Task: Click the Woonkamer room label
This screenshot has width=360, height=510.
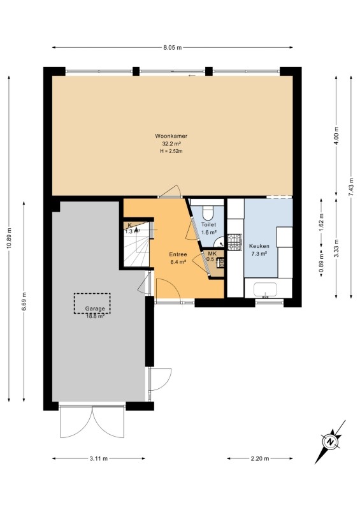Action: coord(171,136)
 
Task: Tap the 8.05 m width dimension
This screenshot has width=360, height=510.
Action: coord(173,47)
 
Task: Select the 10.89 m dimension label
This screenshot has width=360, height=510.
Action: coord(9,238)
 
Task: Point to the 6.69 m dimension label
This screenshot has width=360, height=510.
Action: coord(24,302)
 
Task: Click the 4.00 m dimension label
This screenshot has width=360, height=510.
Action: coord(336,136)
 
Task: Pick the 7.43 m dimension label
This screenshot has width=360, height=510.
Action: coord(351,186)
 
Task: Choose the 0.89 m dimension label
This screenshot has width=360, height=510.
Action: coord(321,262)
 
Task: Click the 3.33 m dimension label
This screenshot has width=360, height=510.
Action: coord(336,248)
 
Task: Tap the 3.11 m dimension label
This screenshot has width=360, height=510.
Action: coord(99,458)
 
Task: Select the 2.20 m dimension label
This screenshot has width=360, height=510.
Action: coord(260,458)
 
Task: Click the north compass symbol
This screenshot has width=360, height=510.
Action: coord(331,442)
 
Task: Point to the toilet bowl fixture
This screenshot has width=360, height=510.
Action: coord(208,212)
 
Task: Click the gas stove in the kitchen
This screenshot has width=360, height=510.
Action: coord(234,242)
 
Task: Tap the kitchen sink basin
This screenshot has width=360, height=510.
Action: coord(265,289)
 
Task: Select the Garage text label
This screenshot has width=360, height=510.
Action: coord(95,309)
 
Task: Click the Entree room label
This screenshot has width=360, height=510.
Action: coord(178,254)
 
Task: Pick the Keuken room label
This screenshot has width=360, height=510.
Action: coord(259,246)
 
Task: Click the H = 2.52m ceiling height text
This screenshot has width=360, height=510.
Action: coord(171,151)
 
